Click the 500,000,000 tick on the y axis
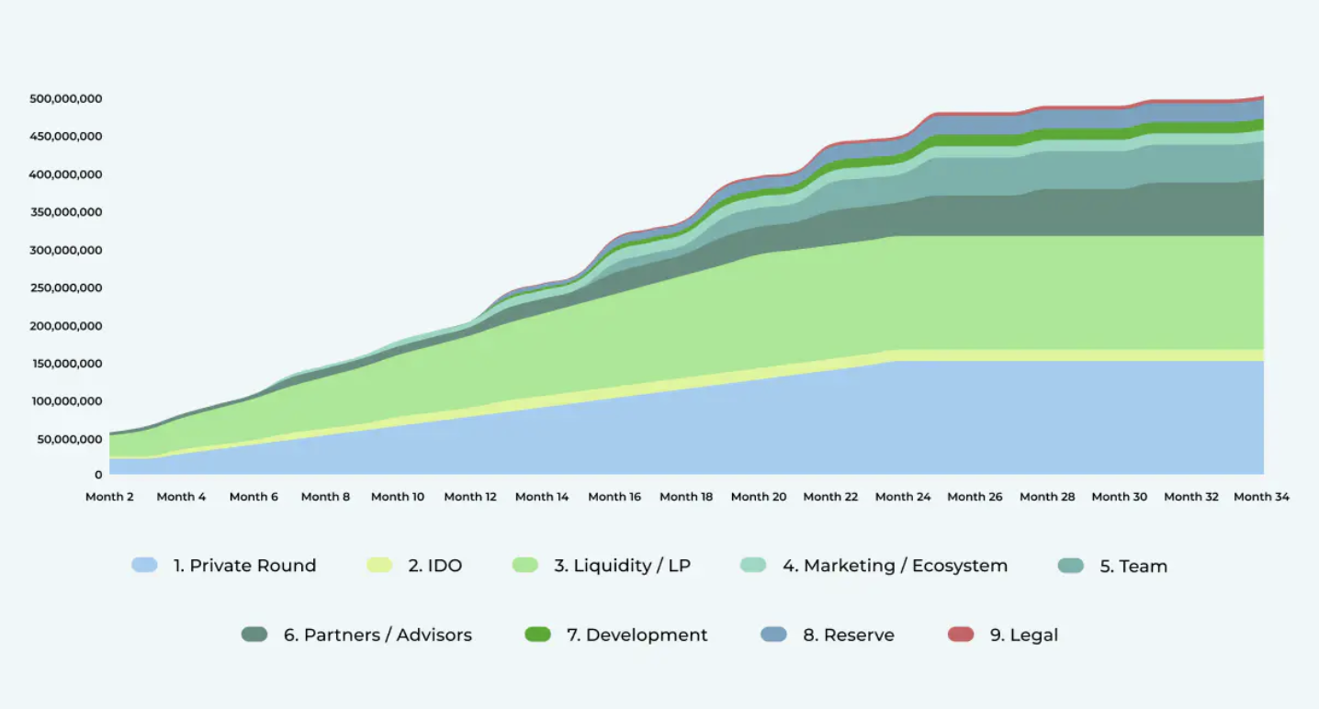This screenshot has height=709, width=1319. [65, 98]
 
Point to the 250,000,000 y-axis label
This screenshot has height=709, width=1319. [65, 287]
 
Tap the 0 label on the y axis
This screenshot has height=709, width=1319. [97, 475]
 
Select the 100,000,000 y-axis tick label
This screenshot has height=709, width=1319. [65, 401]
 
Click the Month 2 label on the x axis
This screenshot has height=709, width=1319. [109, 497]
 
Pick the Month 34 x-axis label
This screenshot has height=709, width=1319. [1261, 497]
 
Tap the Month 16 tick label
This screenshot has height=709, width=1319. [614, 497]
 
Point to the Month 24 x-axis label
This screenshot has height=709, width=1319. [903, 497]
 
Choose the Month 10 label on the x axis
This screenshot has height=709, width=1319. [398, 497]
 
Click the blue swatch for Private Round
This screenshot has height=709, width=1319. [144, 565]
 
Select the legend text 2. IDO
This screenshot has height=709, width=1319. [434, 566]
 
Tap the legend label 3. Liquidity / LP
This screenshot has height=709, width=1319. [622, 566]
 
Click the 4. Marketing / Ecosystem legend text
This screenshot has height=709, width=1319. [895, 566]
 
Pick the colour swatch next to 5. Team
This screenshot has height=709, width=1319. [1071, 565]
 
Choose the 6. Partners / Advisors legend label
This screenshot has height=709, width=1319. [378, 635]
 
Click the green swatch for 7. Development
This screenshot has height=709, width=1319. [537, 634]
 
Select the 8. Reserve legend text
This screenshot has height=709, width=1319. [848, 635]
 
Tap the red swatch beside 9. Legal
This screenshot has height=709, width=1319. [961, 634]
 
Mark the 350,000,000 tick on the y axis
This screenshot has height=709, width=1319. [65, 212]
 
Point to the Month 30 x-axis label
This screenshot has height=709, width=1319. [1119, 497]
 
